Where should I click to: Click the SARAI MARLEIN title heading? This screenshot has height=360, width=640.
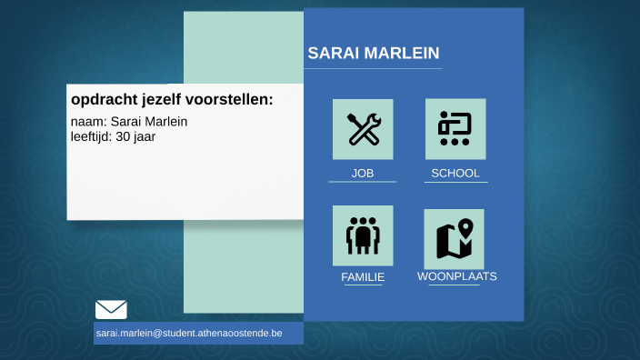pos(374,53)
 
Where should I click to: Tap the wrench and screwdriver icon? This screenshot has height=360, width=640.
pos(363,129)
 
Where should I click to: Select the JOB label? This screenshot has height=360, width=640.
pos(363,173)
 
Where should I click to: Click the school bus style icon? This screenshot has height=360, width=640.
pos(455,129)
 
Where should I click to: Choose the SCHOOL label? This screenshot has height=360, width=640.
pos(455,173)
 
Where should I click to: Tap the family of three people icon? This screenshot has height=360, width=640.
pos(363,235)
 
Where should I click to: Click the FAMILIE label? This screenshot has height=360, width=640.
pos(363,277)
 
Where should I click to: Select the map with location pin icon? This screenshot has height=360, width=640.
pos(455,238)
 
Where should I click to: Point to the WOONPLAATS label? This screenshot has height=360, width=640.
pos(457,276)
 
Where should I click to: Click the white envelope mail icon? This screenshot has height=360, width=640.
pos(111,309)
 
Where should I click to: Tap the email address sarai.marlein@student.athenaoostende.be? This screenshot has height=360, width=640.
pos(189,334)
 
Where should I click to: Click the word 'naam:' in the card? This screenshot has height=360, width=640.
pos(88,121)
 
